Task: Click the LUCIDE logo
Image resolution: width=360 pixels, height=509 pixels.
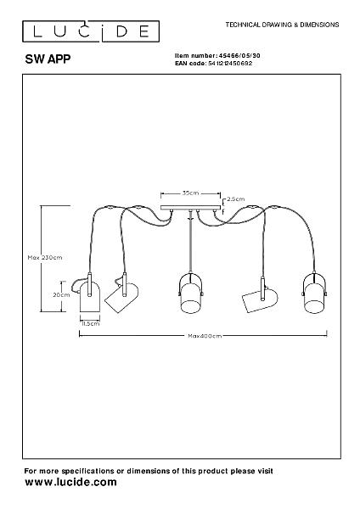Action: [x=91, y=31]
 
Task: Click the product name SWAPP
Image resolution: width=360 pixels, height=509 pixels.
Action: [x=48, y=59]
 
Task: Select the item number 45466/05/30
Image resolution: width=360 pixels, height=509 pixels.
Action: [x=239, y=56]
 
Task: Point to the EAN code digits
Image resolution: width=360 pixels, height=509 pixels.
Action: [x=230, y=64]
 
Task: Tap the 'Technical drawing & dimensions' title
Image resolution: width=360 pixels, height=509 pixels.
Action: [x=283, y=25]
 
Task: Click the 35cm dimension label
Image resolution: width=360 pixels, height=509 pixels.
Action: [x=190, y=193]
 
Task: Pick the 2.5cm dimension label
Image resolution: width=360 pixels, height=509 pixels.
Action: [x=236, y=199]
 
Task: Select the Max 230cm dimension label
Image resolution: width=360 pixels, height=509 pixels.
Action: [x=45, y=257]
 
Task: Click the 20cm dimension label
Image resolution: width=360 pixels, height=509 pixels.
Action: [x=61, y=294]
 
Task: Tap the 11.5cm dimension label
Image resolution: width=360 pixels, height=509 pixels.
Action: [x=91, y=323]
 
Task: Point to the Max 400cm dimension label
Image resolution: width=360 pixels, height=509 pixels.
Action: [x=205, y=336]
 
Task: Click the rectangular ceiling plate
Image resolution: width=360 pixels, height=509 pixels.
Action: [x=191, y=208]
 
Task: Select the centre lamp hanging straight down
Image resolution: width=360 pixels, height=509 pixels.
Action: [x=191, y=293]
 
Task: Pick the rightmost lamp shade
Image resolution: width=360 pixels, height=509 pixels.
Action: [x=314, y=294]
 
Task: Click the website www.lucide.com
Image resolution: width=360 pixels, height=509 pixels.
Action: [x=70, y=482]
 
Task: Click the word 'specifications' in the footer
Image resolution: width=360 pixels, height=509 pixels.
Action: [x=87, y=471]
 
